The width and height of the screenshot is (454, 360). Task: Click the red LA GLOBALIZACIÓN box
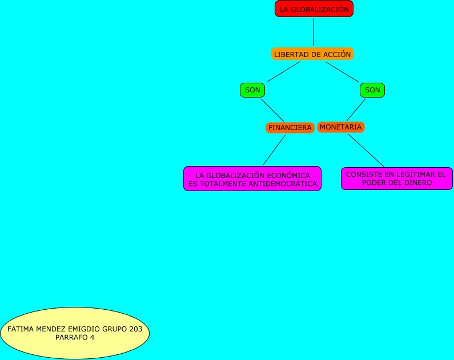coord(314,9)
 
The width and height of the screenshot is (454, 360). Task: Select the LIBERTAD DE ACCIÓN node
coord(312,54)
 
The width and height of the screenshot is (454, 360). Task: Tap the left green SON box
coord(252,90)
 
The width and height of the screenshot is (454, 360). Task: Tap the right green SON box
coord(372,90)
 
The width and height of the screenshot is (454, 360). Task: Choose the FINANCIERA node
coord(290,128)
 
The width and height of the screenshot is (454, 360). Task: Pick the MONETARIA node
coord(340,127)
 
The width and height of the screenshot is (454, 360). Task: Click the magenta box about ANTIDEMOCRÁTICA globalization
coord(252,179)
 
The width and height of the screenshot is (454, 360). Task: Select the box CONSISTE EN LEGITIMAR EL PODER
coord(396,179)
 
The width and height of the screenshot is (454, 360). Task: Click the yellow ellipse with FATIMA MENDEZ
coord(75,333)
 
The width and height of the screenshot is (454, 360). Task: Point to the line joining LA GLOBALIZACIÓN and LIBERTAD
coord(314,32)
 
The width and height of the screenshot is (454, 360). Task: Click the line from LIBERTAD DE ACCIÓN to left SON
coord(283,72)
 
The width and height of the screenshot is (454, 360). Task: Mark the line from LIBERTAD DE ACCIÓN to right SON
coord(343,72)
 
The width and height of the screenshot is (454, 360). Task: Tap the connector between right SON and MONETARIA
coord(356,110)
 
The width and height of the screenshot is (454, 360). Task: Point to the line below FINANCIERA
coord(274,149)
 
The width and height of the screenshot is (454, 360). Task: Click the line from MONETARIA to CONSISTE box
coord(366,149)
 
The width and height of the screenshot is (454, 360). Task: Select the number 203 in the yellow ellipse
coord(135,329)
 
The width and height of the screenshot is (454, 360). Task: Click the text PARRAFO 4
coord(75,337)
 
